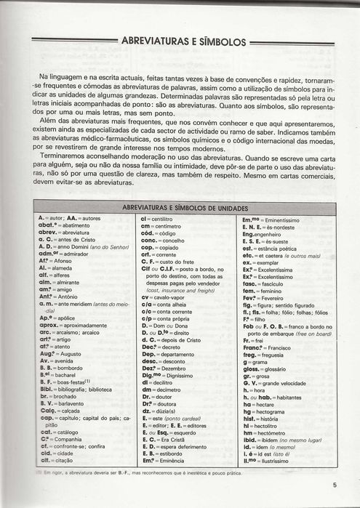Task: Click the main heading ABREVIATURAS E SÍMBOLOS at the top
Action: click(185, 43)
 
